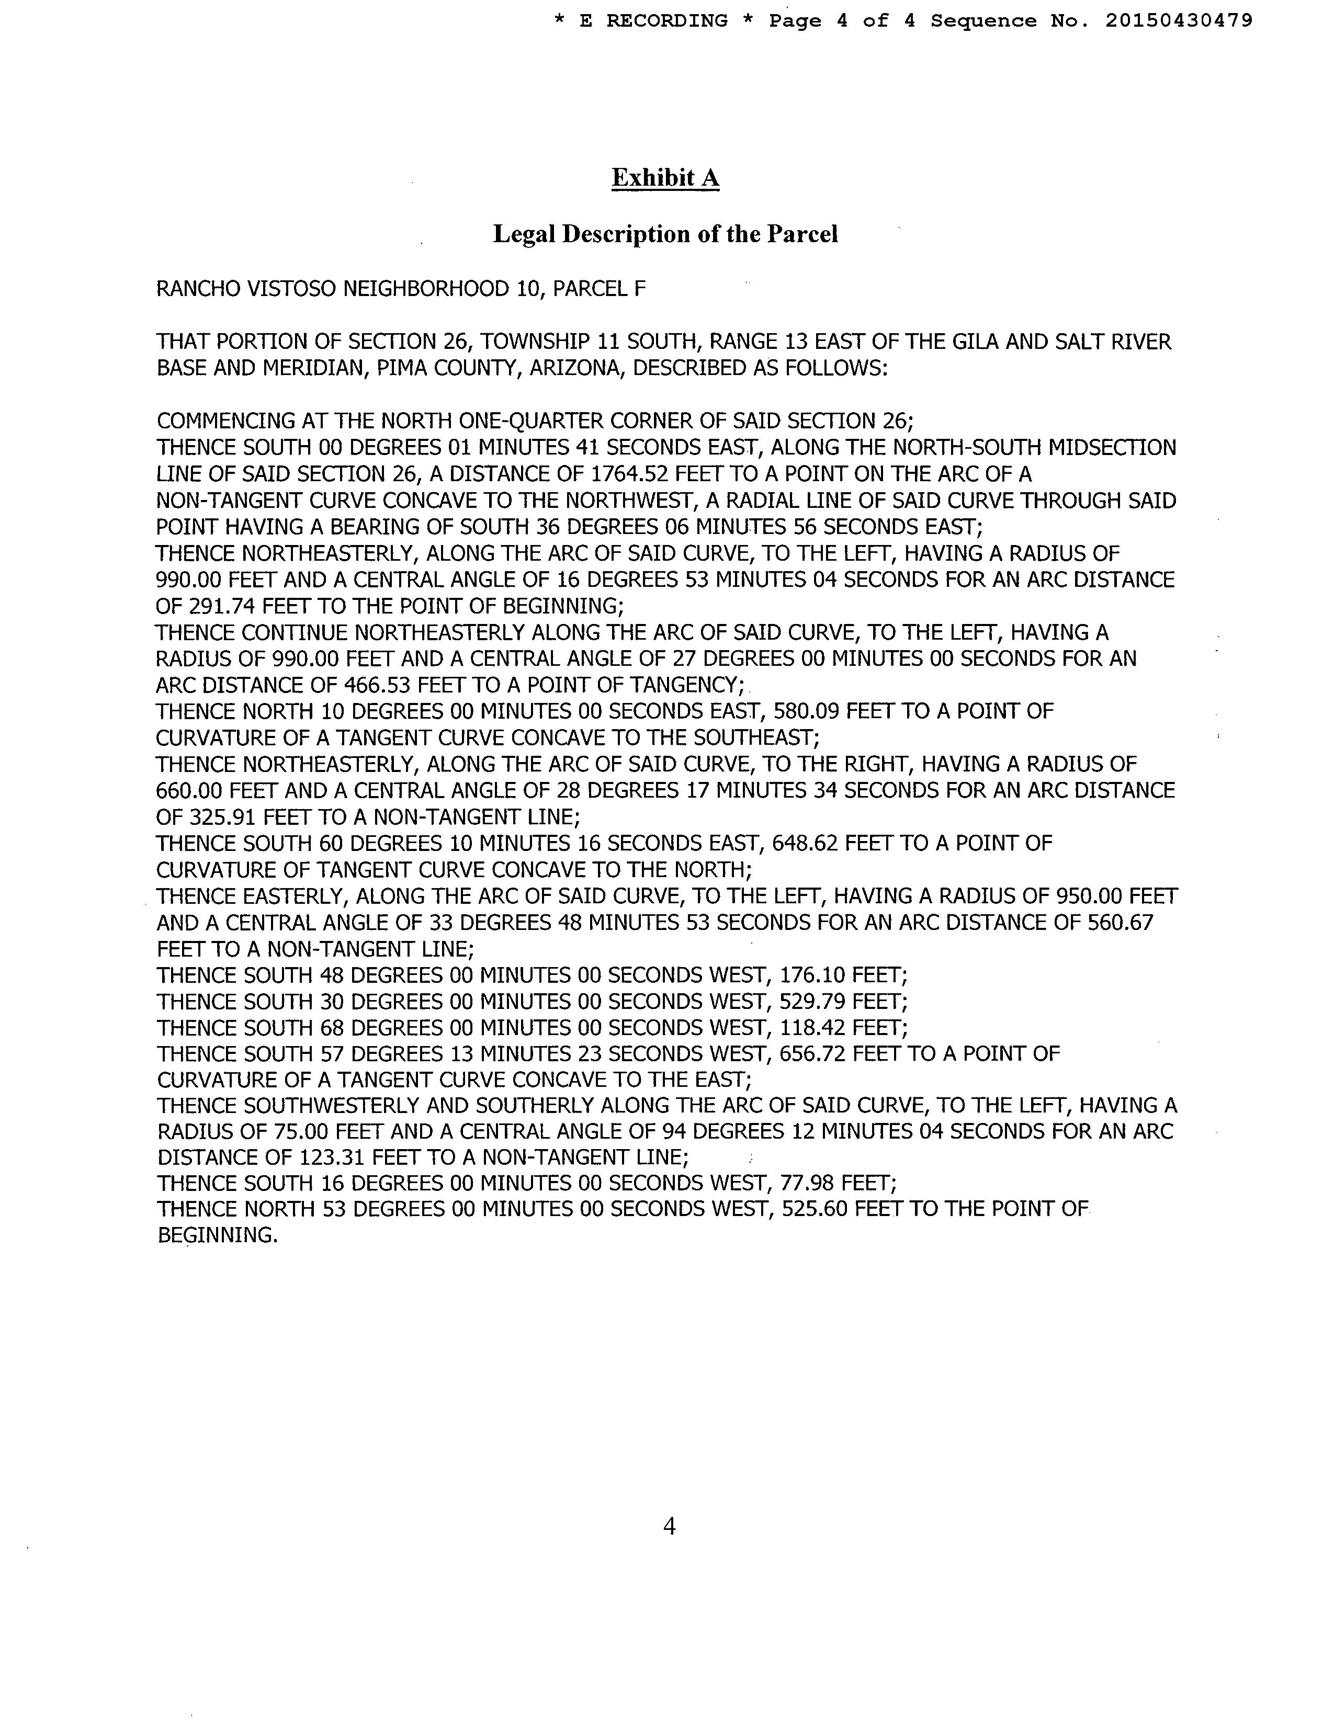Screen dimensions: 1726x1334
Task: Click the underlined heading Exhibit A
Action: (665, 178)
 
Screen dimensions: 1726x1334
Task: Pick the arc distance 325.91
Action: (221, 817)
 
